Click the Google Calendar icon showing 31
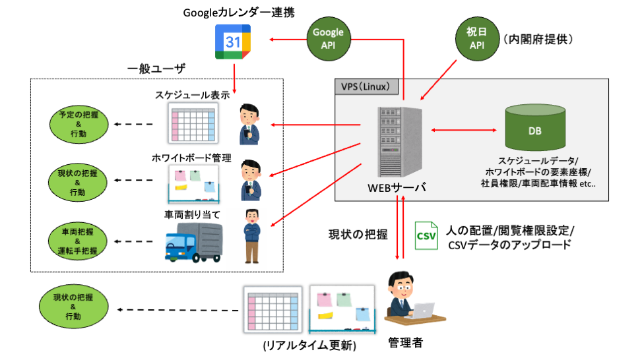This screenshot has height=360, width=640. point(233,43)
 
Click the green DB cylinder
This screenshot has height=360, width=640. point(535,129)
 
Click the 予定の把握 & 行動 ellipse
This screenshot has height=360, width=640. point(78,123)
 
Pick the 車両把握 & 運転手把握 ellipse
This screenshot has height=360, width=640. point(78,241)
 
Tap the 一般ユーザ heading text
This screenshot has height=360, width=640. point(156,69)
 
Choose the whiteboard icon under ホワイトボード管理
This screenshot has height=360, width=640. point(193,185)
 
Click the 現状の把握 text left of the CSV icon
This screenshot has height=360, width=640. point(358,233)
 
